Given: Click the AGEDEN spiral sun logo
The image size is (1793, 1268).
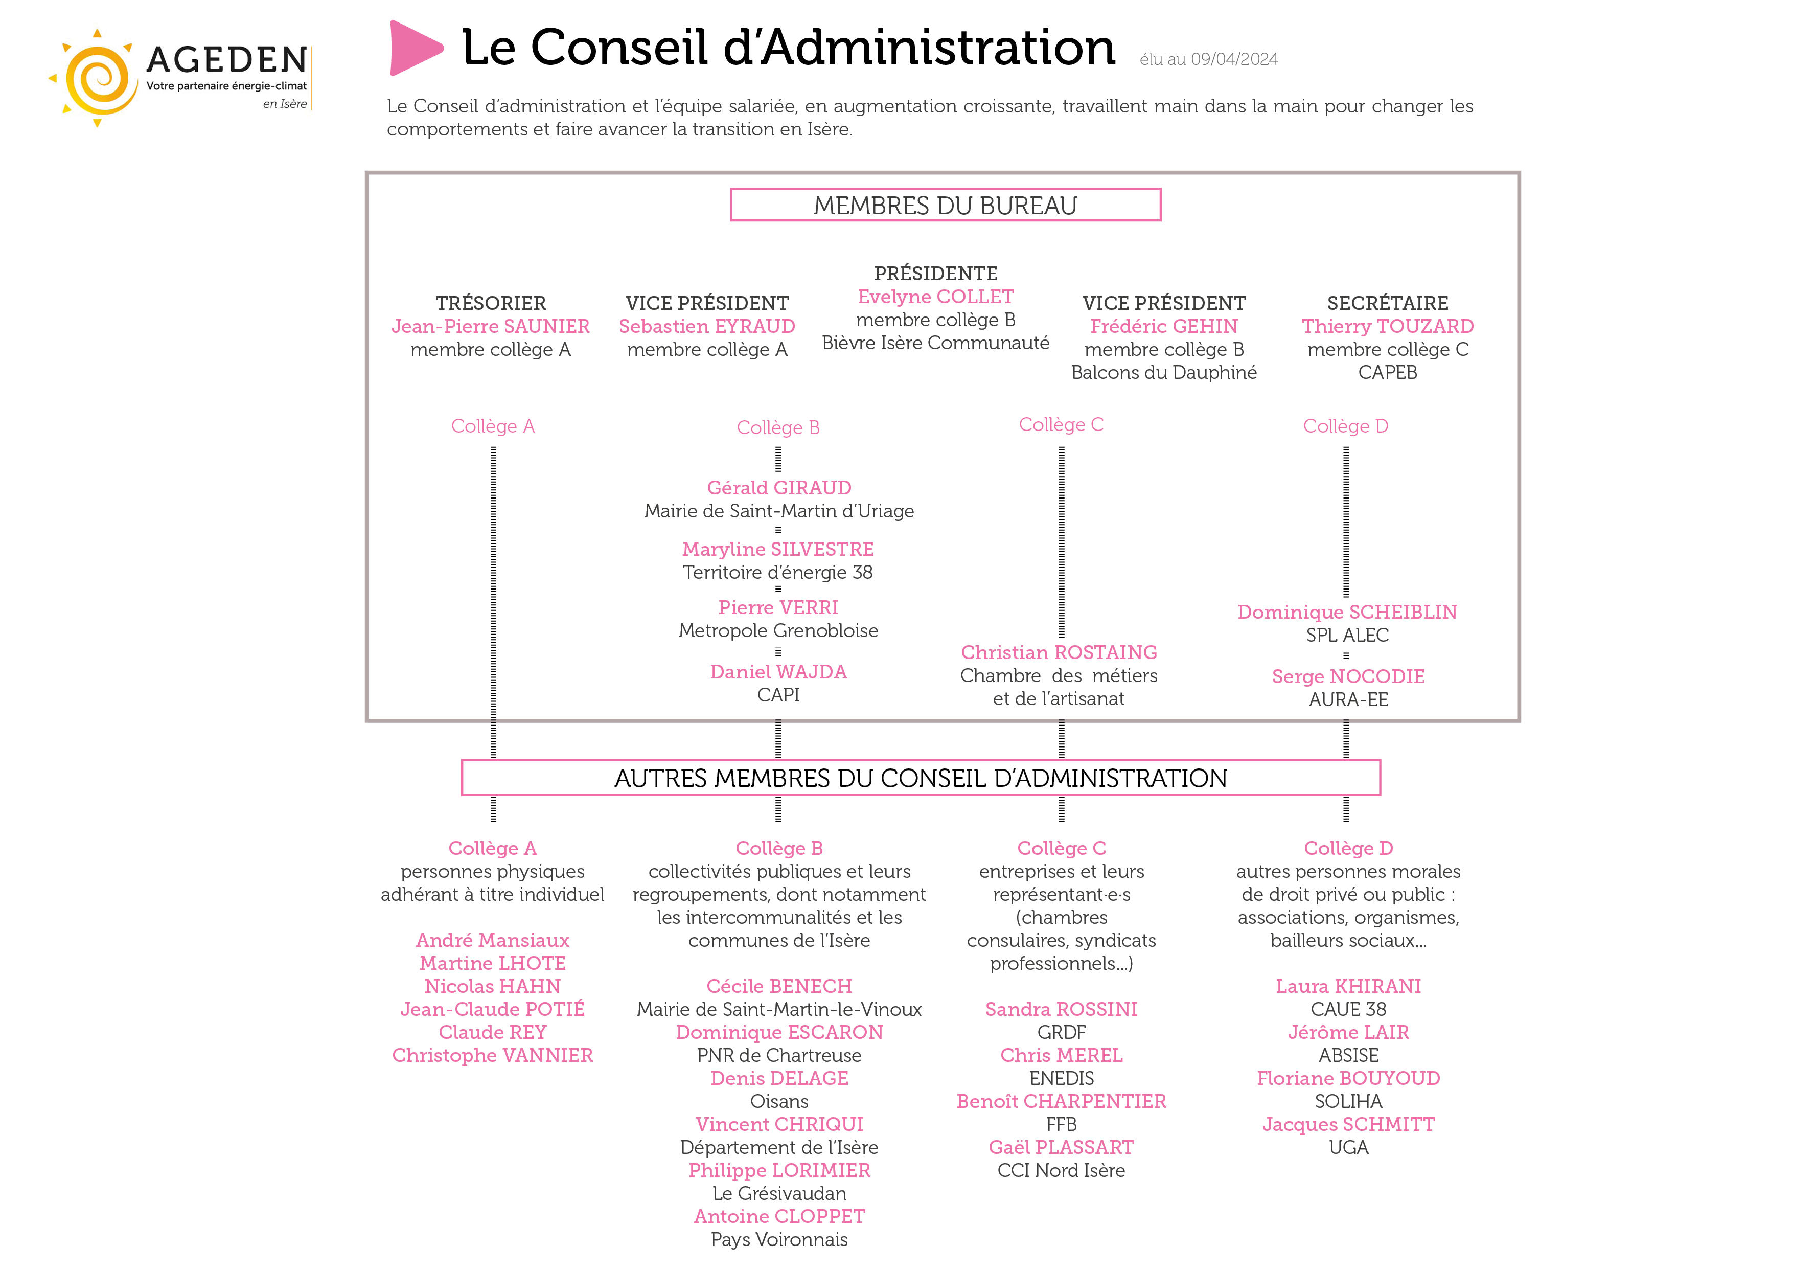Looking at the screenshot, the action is tap(96, 78).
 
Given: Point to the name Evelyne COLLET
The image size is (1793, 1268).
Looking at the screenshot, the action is tap(935, 297).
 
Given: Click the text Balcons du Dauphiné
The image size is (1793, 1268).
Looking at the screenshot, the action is tap(1164, 373).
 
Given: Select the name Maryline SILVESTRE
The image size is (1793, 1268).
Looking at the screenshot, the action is tap(778, 549).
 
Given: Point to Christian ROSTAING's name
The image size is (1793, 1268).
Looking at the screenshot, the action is tap(1059, 652).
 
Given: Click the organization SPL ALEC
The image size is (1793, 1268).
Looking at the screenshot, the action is tap(1347, 635).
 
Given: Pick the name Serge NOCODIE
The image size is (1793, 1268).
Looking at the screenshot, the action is tap(1348, 676).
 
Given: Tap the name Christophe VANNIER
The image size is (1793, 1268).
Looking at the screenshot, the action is tap(492, 1055).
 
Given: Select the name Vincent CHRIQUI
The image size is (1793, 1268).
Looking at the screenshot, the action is tap(779, 1124).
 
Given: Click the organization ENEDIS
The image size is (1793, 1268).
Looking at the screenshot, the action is tap(1061, 1078).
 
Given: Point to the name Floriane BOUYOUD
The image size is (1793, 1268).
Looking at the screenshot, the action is tap(1348, 1078).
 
